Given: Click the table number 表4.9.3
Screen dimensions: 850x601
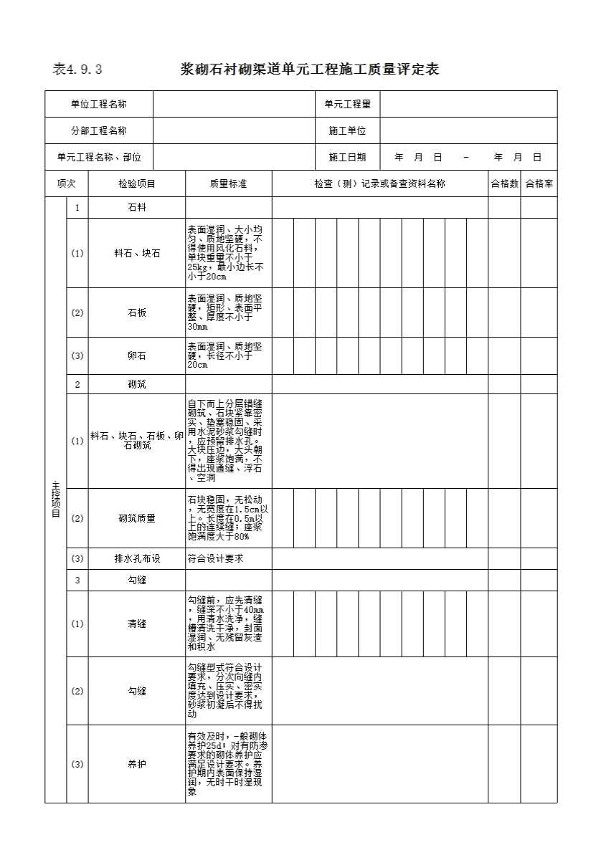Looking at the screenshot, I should [x=77, y=70].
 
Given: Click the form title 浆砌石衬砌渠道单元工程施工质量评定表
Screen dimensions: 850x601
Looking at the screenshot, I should [x=309, y=70].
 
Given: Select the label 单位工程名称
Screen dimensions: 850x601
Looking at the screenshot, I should [x=98, y=105].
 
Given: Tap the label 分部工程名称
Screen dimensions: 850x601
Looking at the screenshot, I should [x=98, y=131].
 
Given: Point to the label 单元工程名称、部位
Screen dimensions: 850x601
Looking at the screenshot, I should [x=99, y=158].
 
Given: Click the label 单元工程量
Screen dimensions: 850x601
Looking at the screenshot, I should [x=347, y=105].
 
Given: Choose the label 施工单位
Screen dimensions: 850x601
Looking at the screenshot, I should [x=347, y=131].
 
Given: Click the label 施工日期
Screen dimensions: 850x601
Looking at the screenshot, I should [x=347, y=158].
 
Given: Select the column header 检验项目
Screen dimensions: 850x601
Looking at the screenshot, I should [x=137, y=184].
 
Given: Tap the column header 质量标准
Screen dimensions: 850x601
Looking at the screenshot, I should [x=228, y=184].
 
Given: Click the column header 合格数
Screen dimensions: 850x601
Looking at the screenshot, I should [x=504, y=184].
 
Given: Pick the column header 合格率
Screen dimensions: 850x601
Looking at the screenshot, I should [x=539, y=184].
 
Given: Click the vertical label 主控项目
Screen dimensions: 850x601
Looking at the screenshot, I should [x=56, y=500].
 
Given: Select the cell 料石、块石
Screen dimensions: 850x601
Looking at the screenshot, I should [x=137, y=254].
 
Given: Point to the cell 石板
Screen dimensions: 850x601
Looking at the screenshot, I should [x=137, y=313].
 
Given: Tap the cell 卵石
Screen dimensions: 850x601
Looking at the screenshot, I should [x=137, y=356].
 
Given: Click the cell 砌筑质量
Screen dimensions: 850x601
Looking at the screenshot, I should [x=137, y=519].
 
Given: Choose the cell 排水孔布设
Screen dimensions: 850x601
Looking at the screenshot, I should [x=137, y=559].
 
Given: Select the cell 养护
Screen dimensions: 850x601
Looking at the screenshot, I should [x=137, y=765].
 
